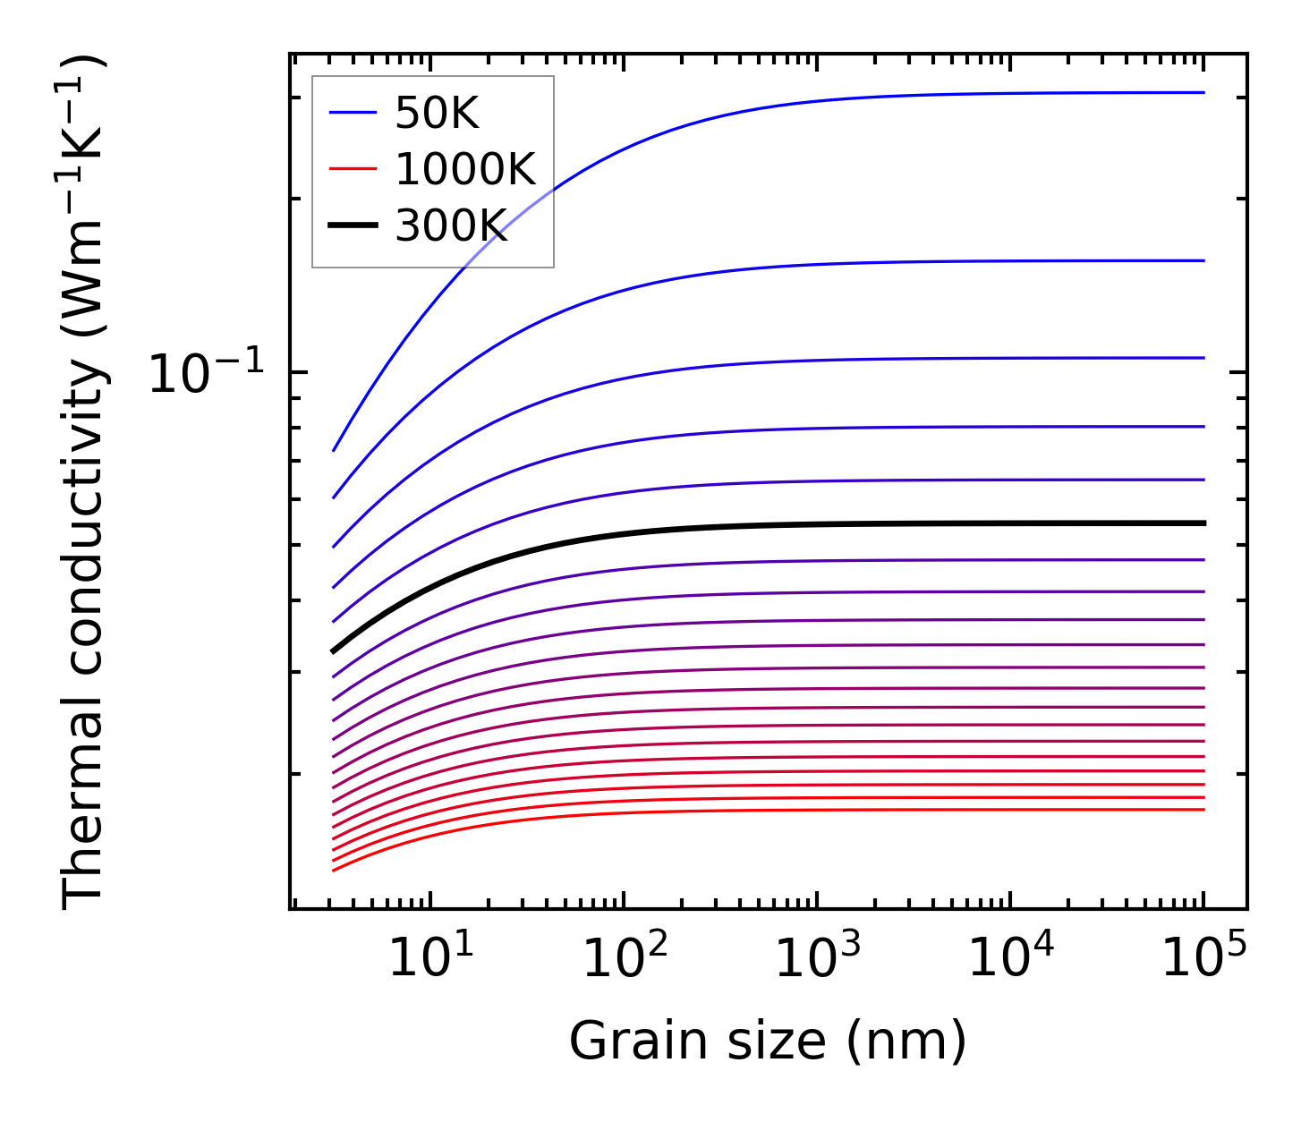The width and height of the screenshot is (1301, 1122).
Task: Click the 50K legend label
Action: tap(437, 114)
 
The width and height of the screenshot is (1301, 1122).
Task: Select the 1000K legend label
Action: tap(465, 170)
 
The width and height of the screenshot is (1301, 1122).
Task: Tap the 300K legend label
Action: tap(451, 226)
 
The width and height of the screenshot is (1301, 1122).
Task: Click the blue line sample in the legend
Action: tap(353, 113)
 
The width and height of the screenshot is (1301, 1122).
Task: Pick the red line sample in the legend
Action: tap(353, 169)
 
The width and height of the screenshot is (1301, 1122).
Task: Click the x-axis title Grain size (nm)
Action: tap(768, 1041)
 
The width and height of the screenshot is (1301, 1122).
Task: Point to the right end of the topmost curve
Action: tap(1203, 92)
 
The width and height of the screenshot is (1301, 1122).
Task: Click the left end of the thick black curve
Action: tap(333, 651)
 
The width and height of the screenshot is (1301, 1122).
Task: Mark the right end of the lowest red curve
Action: tap(1203, 810)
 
